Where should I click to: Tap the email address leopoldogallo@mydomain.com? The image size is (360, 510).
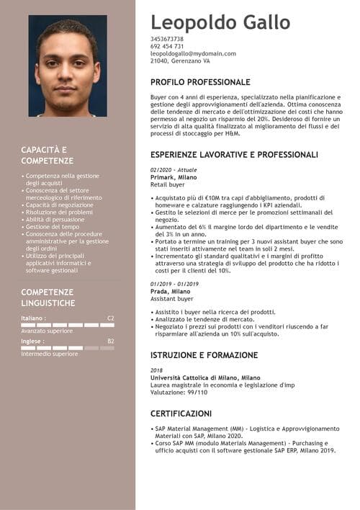(193, 54)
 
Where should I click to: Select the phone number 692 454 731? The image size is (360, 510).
(167, 46)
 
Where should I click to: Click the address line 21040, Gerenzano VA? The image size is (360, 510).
(180, 61)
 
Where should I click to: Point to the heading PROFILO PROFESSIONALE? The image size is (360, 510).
(200, 82)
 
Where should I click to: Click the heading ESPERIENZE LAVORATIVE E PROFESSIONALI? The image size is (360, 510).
(234, 155)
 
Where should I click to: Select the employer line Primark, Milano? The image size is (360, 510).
(174, 176)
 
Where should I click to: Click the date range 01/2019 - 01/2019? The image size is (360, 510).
(174, 284)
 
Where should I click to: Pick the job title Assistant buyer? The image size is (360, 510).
(172, 298)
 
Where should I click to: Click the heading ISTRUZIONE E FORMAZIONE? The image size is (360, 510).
(204, 355)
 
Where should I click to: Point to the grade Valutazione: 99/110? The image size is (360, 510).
(179, 392)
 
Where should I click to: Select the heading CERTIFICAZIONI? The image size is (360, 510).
(181, 413)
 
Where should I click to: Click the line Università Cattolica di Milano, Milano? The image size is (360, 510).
(205, 377)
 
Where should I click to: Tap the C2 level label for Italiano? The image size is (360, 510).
(110, 318)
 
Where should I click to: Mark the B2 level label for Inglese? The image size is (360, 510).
(110, 341)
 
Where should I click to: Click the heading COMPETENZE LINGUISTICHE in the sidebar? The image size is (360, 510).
(48, 297)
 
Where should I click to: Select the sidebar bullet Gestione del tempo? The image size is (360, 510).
(52, 227)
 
